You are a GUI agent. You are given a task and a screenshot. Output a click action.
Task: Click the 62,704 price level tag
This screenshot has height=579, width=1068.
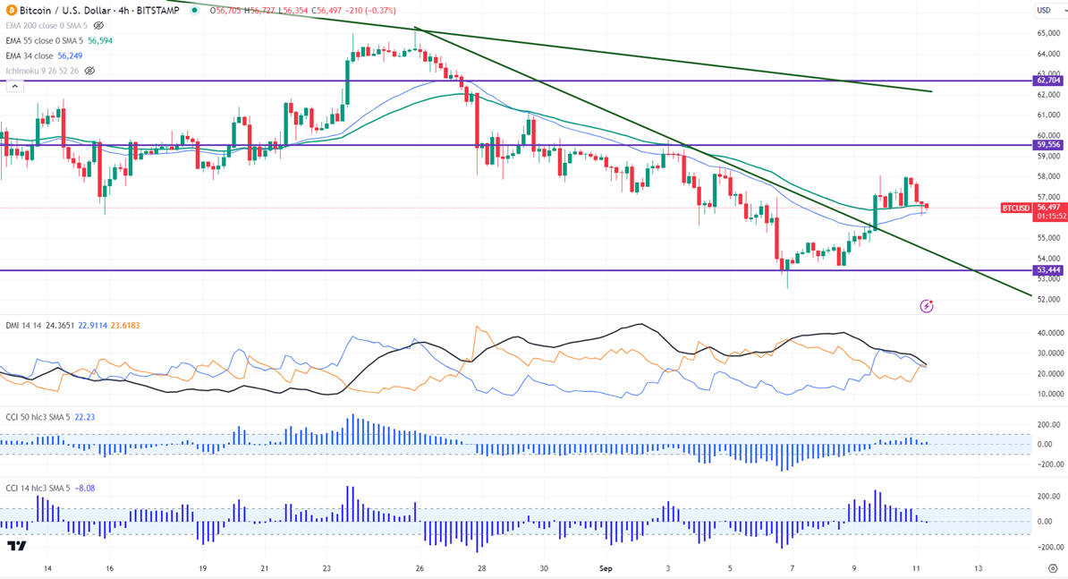1048,81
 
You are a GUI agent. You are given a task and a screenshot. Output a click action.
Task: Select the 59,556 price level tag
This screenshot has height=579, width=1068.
1048,144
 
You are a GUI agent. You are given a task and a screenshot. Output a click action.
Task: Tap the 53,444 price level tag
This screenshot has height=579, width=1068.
1048,269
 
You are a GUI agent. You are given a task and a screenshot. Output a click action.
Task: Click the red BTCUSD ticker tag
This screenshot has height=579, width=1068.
1015,208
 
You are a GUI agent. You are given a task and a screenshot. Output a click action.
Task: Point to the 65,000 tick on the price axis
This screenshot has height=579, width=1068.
1047,33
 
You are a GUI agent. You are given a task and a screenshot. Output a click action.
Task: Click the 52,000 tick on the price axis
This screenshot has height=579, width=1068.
1047,299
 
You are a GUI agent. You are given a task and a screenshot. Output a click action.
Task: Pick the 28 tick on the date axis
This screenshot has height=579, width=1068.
481,568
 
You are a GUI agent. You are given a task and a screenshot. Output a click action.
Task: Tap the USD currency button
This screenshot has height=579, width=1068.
1044,10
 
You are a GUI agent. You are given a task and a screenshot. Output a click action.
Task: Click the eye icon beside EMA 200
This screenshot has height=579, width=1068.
99,26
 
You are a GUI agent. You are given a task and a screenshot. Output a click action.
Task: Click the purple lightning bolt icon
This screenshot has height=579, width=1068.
927,306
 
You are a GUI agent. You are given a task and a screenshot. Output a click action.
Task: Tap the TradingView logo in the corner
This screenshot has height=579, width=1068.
16,546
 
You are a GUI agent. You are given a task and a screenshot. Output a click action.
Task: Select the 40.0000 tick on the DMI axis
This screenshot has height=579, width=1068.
1049,333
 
